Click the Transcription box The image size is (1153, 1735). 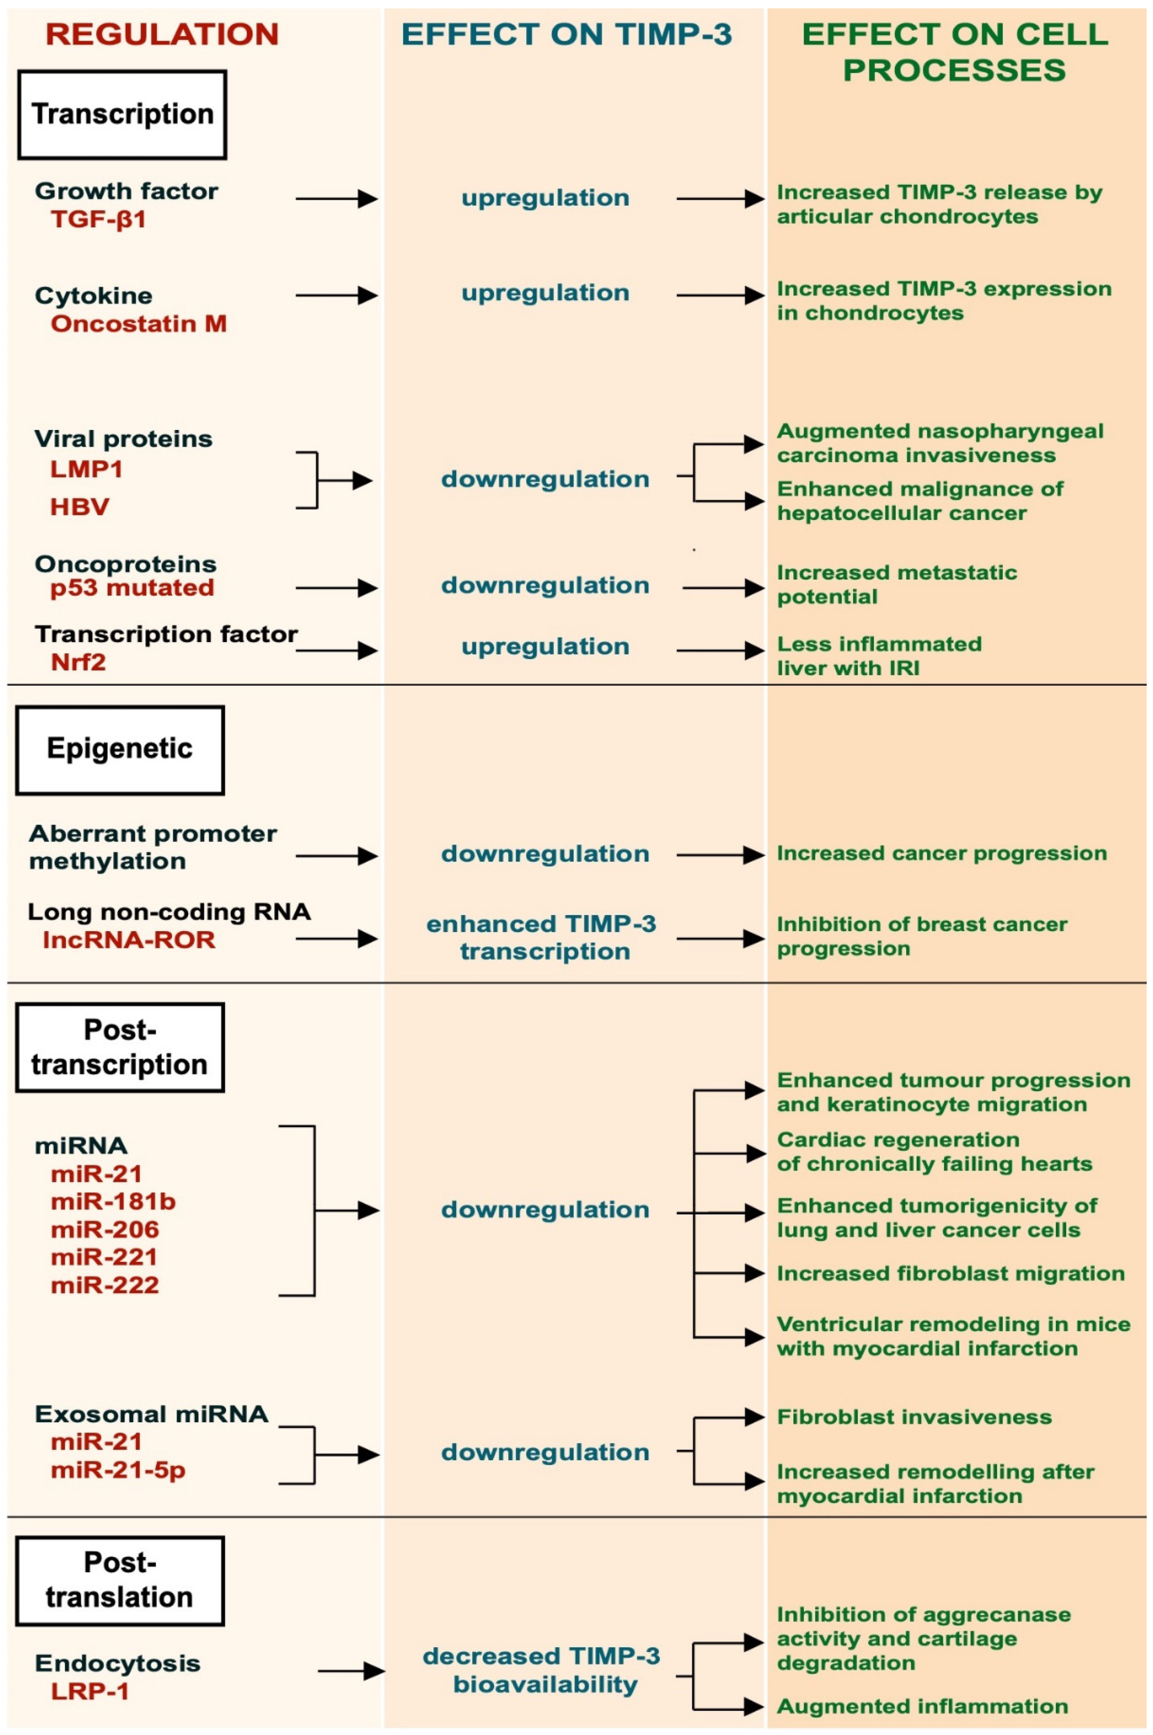(122, 115)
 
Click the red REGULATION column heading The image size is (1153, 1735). (162, 34)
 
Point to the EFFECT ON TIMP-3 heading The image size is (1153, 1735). (567, 34)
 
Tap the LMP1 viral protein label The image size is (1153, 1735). (86, 469)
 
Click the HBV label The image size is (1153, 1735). (79, 506)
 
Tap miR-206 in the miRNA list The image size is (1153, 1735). (104, 1229)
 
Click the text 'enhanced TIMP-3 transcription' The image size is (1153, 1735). (542, 937)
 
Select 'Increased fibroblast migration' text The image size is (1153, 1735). (950, 1273)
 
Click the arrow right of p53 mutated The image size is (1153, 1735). (336, 588)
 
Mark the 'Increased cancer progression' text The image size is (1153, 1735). (941, 854)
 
